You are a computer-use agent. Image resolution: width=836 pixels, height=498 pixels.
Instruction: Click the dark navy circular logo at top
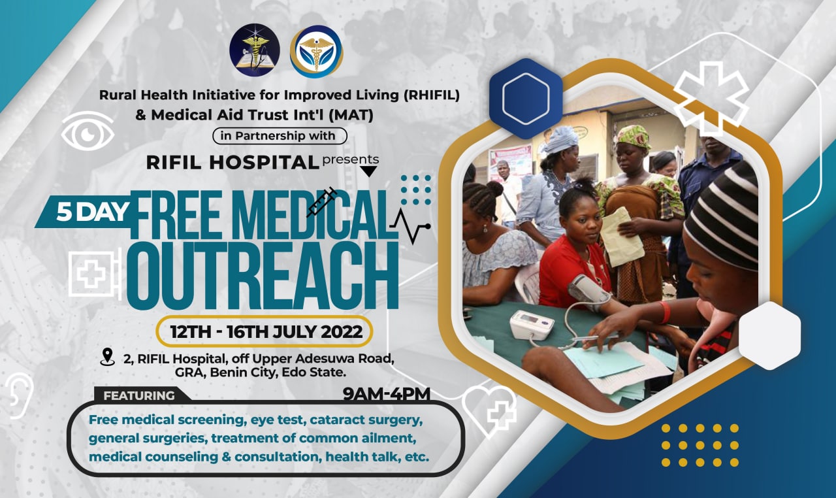(x=255, y=50)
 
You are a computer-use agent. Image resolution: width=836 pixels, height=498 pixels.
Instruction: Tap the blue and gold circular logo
(x=316, y=50)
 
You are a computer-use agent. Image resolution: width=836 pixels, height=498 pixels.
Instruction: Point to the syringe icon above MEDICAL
(x=321, y=202)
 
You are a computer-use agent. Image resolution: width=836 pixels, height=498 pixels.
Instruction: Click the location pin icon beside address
(x=107, y=357)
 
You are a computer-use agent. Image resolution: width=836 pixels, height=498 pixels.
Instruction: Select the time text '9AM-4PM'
(x=386, y=394)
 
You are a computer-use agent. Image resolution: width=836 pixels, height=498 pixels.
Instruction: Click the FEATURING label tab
(x=139, y=395)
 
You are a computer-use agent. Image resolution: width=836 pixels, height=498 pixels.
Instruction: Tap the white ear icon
(x=20, y=395)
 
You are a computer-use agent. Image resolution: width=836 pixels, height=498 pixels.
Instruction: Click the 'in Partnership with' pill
(x=280, y=135)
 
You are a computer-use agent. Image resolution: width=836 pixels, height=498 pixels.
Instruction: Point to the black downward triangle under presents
(x=368, y=172)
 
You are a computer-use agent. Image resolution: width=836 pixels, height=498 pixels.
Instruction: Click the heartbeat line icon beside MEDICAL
(x=410, y=225)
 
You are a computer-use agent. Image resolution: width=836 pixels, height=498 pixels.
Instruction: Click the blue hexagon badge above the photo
(x=526, y=99)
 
